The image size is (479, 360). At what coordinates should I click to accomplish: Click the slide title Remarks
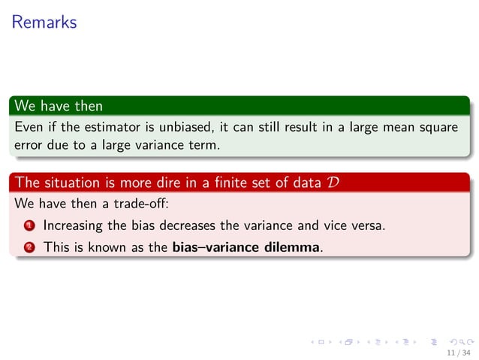click(44, 23)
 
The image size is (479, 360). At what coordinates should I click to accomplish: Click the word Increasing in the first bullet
click(72, 225)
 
